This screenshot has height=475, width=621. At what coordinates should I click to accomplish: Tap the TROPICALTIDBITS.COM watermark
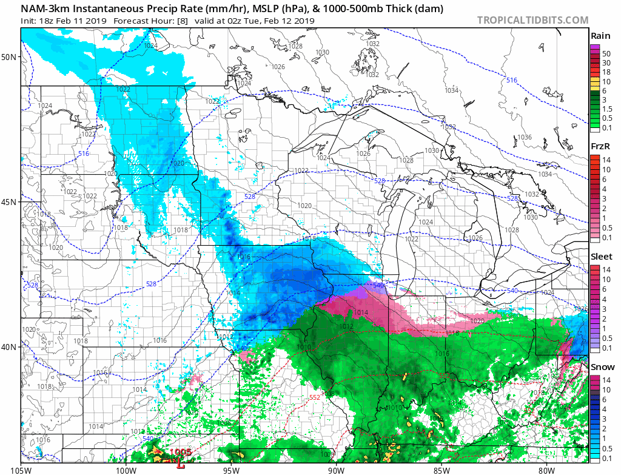[532, 20]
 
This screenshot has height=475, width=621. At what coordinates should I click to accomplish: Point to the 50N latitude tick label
[9, 57]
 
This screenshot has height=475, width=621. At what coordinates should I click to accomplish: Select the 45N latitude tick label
[9, 202]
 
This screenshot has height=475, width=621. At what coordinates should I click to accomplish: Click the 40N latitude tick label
[9, 347]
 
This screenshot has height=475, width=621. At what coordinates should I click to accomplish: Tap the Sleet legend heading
[601, 257]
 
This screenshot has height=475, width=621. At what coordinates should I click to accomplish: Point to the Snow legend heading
[602, 367]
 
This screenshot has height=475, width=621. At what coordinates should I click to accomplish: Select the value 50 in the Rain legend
[606, 54]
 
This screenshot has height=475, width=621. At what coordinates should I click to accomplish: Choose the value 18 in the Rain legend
[606, 72]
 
